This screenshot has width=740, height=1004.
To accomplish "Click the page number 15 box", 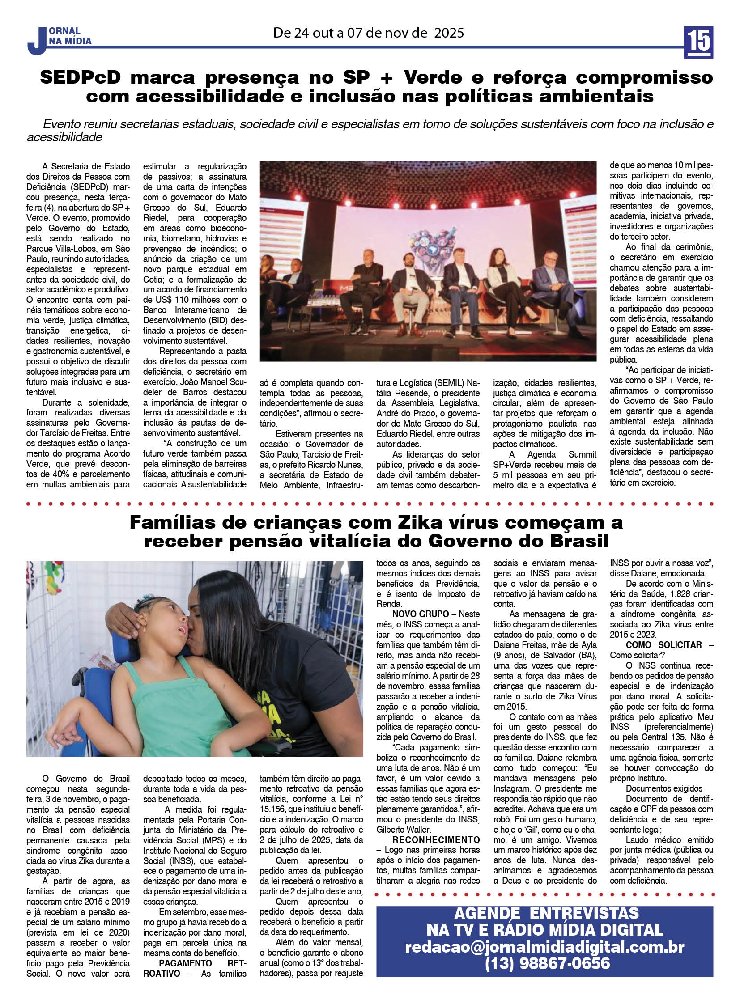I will (698, 42).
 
